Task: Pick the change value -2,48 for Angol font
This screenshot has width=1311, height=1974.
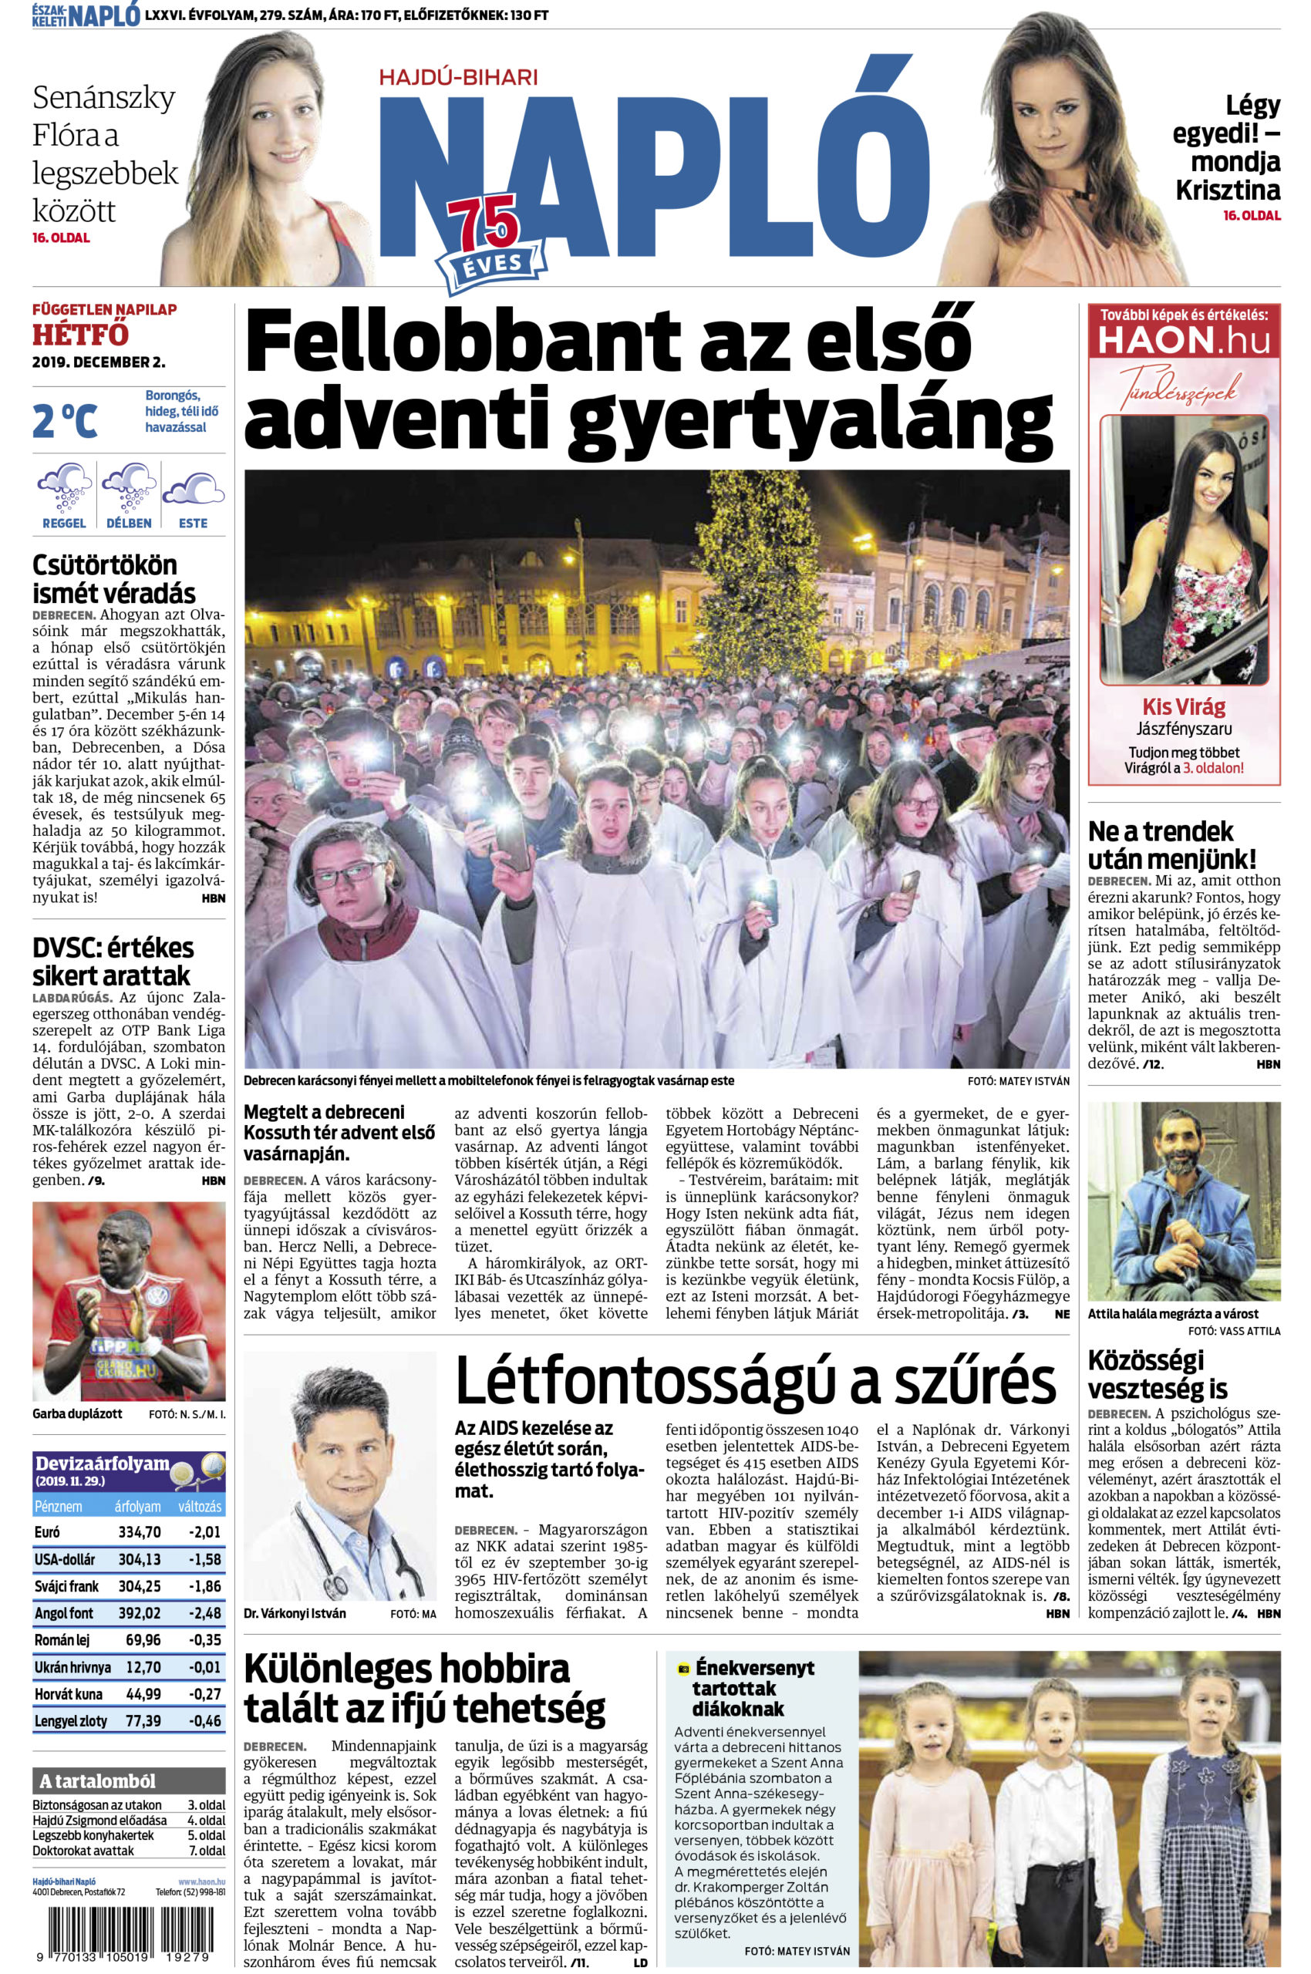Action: [203, 1614]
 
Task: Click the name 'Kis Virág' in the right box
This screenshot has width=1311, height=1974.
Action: [1183, 706]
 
